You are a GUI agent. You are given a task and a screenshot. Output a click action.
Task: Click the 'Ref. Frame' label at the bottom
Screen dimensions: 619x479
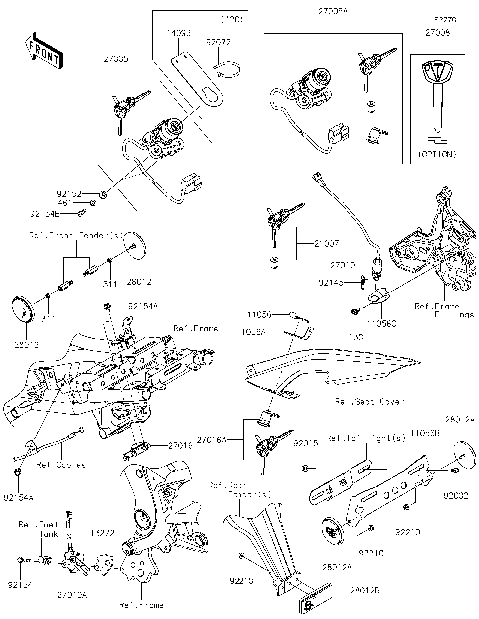click(137, 604)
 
